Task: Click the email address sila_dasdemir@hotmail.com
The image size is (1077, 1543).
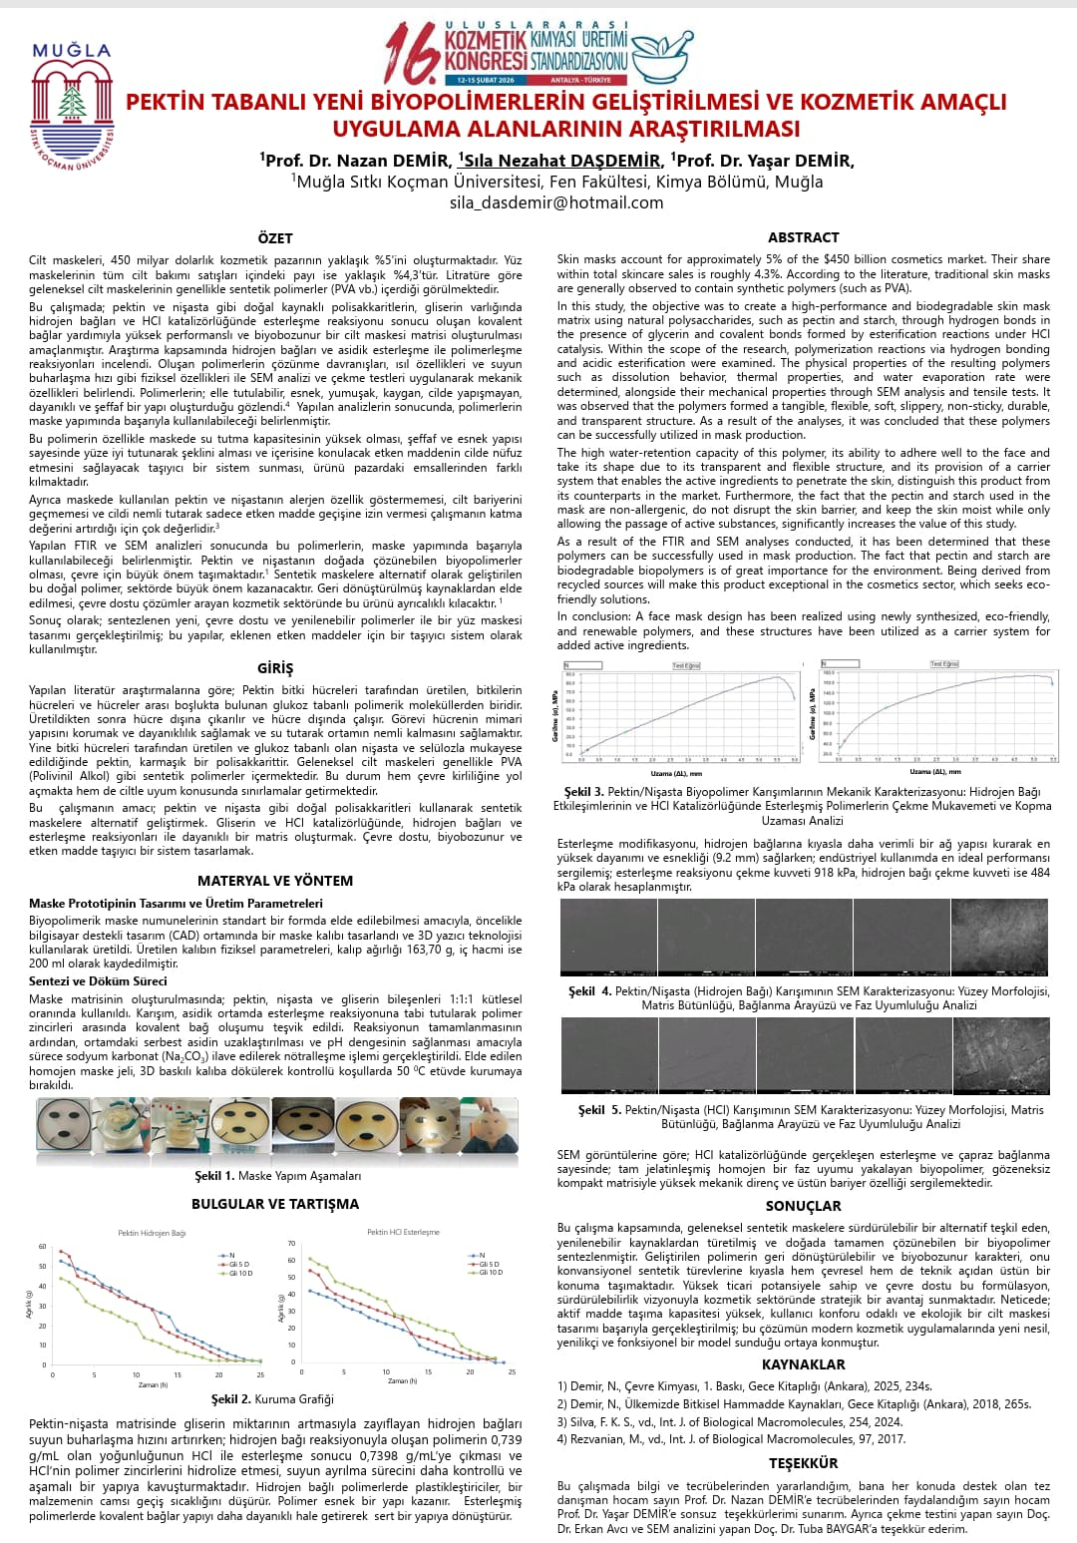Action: pyautogui.click(x=555, y=202)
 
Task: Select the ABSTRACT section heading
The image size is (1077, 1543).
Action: pyautogui.click(x=803, y=237)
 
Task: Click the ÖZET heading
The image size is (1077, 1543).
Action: pyautogui.click(x=275, y=238)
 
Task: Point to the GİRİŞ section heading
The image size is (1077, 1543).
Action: pyautogui.click(x=275, y=668)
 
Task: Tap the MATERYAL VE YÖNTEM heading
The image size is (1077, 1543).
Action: pyautogui.click(x=275, y=881)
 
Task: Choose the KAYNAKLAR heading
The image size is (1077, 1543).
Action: pyautogui.click(x=803, y=1364)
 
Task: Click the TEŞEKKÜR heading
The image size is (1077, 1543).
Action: pyautogui.click(x=803, y=1463)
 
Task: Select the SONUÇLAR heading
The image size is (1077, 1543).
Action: pyautogui.click(x=803, y=1206)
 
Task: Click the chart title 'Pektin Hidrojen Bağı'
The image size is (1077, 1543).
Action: pyautogui.click(x=152, y=1233)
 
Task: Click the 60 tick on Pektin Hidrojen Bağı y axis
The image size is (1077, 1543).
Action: pyautogui.click(x=43, y=1247)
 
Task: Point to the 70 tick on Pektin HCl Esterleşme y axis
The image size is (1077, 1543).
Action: pyautogui.click(x=292, y=1244)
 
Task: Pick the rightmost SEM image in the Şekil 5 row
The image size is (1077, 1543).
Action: pyautogui.click(x=1001, y=1055)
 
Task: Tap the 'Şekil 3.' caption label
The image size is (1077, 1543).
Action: pyautogui.click(x=584, y=792)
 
